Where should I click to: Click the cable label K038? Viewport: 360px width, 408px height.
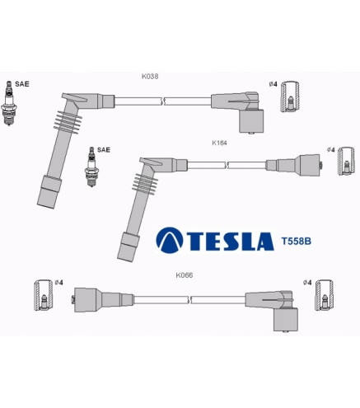pos(150,77)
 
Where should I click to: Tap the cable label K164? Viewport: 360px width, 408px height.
pos(219,143)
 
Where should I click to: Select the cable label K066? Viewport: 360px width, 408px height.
pos(185,275)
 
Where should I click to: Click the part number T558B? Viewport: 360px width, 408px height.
pos(297,242)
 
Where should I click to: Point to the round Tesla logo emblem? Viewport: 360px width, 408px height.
pos(170,240)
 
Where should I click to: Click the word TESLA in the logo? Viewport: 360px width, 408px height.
pos(231,242)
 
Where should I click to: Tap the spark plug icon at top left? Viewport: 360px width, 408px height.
pos(9,103)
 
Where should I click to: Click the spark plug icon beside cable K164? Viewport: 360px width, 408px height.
pos(91,166)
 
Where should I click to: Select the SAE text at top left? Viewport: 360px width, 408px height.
pos(22,84)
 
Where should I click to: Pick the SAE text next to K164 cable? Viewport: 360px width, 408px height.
pos(104,150)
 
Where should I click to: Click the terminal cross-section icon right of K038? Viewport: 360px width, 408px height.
pos(290,96)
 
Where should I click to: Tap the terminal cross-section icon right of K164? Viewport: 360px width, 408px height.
pos(346,162)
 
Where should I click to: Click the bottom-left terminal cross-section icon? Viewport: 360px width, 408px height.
pos(43,295)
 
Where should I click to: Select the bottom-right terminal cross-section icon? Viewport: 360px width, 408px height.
pos(325,295)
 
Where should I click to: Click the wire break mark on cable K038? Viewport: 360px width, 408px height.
pos(162,101)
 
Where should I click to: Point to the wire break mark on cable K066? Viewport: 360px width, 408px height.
pos(189,300)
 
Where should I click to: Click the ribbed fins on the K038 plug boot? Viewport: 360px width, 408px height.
pos(68,122)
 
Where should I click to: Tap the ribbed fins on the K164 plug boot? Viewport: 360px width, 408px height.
pos(145,184)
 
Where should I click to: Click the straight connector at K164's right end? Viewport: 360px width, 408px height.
pos(294,165)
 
